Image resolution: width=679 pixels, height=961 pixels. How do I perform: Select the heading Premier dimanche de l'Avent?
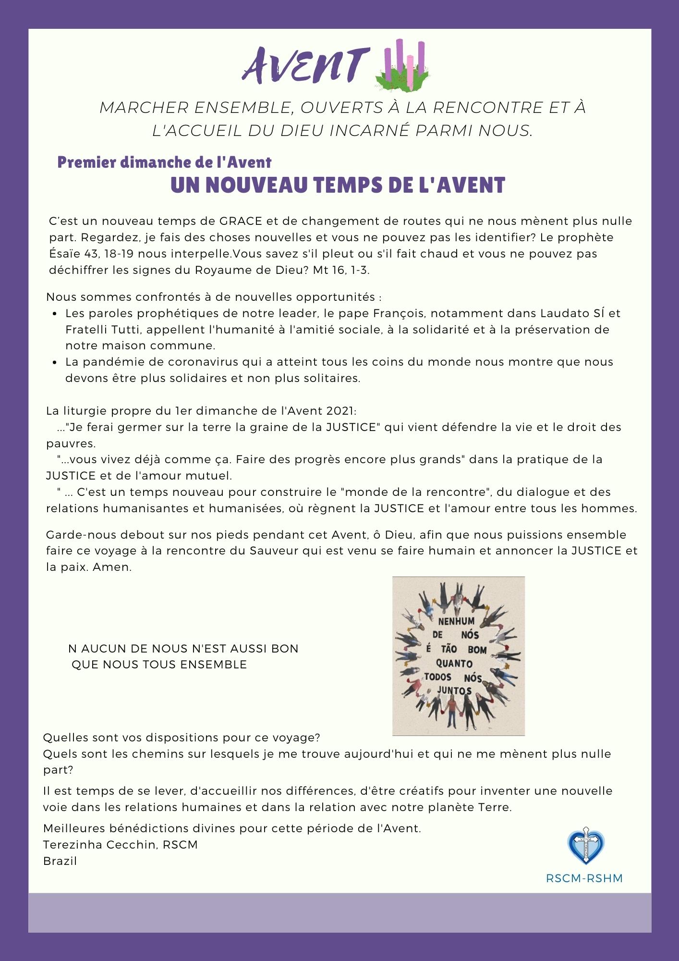[164, 162]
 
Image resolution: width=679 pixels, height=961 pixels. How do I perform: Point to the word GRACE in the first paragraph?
[241, 221]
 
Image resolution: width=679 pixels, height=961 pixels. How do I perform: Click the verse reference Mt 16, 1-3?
[341, 270]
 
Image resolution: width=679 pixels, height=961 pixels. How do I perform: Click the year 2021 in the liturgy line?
[340, 411]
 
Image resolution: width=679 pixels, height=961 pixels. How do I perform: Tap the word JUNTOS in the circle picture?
[454, 691]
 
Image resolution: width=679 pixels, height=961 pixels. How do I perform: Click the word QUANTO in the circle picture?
[454, 664]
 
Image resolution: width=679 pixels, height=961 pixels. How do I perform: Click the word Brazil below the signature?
[60, 861]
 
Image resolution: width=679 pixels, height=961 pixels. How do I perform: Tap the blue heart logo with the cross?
[585, 846]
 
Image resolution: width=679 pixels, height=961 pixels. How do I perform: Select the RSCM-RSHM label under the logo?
[584, 878]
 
